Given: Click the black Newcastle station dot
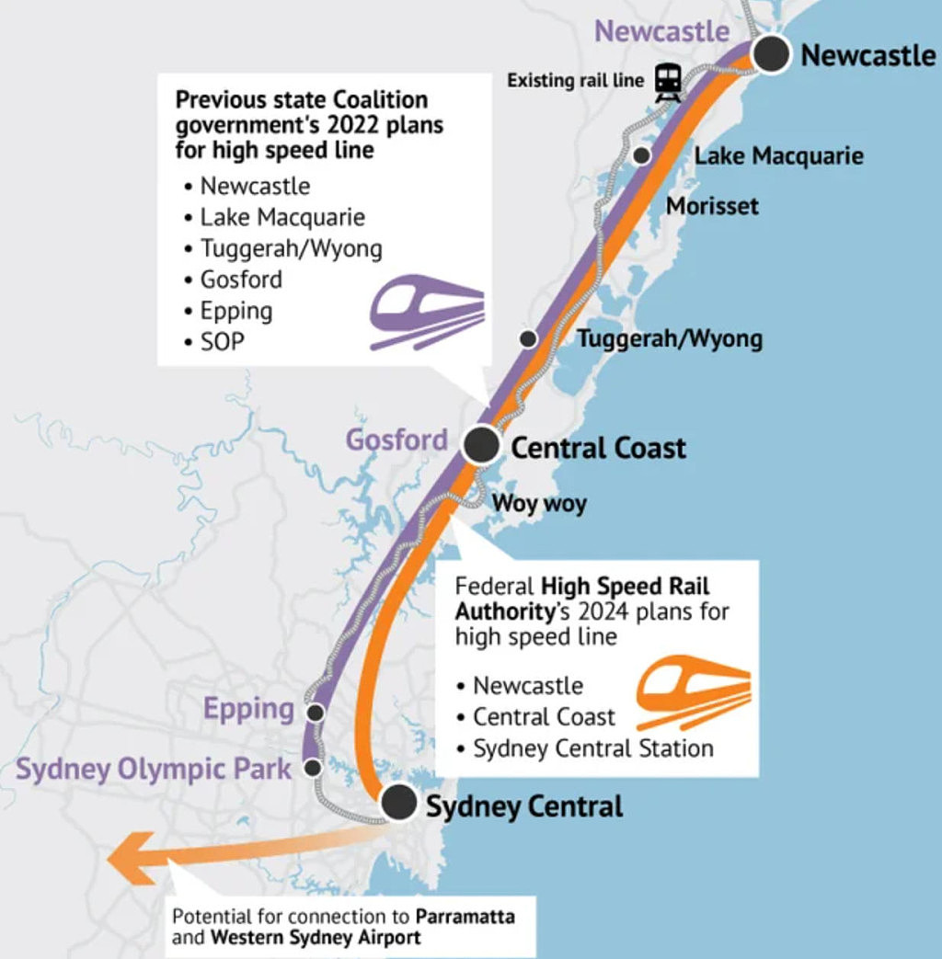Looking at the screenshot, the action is [771, 54].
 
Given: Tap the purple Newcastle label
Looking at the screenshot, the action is [661, 31].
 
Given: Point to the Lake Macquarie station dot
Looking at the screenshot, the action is [641, 155].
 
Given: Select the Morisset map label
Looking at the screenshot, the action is [712, 206].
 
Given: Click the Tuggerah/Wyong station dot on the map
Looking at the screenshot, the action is [528, 338].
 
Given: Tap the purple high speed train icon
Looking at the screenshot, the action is [427, 312].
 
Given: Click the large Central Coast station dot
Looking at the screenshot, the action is [482, 445].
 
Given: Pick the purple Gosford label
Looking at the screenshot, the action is [396, 440].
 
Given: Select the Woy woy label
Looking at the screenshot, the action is [539, 503].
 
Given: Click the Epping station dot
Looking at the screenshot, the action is [316, 713].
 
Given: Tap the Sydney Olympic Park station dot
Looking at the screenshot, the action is [313, 768].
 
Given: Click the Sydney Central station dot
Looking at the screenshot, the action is [398, 802].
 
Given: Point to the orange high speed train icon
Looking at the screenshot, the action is [693, 692].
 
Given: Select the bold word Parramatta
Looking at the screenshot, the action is [465, 916].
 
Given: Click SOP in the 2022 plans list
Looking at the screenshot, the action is [223, 341].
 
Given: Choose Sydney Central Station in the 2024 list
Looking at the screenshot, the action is [593, 748].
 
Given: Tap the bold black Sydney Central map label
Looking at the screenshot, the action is [524, 806].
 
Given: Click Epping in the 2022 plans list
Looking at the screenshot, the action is [236, 312].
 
